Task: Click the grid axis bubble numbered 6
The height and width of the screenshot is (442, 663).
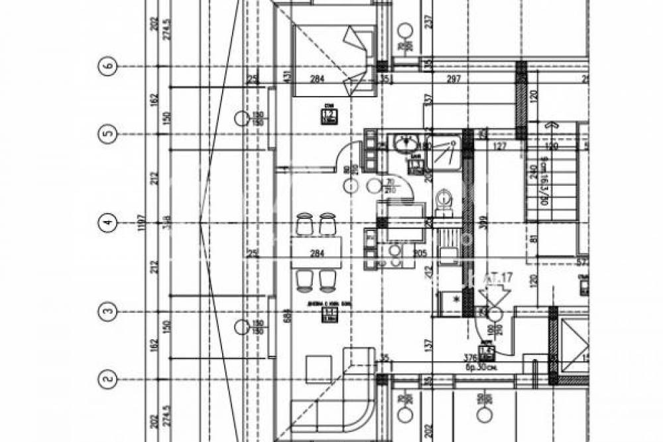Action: (x=108, y=66)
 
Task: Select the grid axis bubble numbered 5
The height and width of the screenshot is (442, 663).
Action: (x=108, y=135)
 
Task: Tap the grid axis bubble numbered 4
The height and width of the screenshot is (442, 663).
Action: (x=108, y=224)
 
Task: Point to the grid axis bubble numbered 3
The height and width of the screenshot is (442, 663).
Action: (x=108, y=310)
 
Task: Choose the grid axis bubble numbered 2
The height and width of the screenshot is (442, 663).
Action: (x=108, y=379)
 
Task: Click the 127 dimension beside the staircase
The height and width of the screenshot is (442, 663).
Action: (x=500, y=147)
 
